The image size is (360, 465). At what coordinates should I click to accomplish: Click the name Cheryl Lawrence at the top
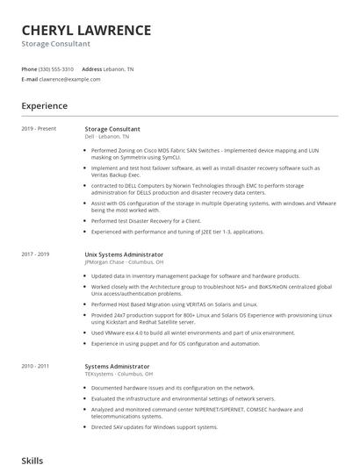(x=86, y=30)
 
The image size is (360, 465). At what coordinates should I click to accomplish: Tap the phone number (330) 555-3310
(x=56, y=68)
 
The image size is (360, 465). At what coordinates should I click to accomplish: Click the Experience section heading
(x=45, y=106)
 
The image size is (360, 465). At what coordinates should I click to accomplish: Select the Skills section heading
(x=32, y=459)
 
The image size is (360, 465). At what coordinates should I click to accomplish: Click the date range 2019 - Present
(x=39, y=129)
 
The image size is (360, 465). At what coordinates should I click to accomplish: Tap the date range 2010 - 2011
(x=35, y=366)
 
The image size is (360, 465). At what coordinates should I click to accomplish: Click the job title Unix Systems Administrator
(x=124, y=254)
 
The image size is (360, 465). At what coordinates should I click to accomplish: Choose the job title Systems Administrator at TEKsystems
(x=117, y=366)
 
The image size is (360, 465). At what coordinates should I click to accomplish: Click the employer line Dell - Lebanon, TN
(x=106, y=137)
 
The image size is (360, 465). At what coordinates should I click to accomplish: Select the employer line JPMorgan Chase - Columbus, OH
(x=124, y=262)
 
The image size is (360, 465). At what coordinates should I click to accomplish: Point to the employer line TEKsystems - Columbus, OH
(x=120, y=374)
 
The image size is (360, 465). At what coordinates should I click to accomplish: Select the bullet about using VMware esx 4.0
(x=193, y=333)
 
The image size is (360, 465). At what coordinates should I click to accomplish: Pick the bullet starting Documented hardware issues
(x=173, y=387)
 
